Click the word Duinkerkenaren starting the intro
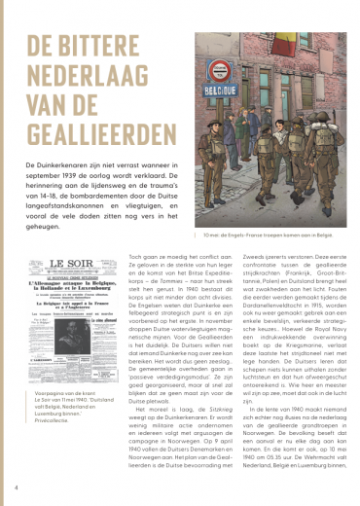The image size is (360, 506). pyautogui.click(x=65, y=166)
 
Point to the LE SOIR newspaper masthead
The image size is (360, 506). pyautogui.click(x=69, y=264)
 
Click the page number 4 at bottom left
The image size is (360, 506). pyautogui.click(x=16, y=485)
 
